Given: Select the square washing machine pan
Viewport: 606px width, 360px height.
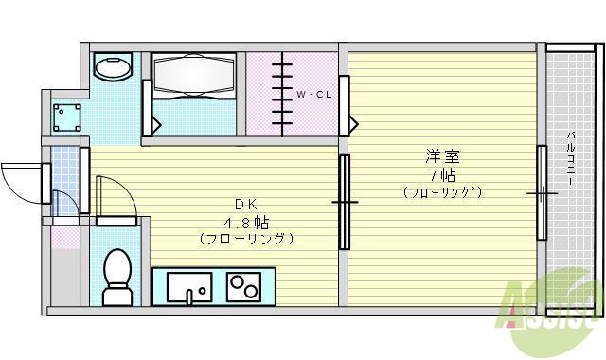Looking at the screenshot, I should [66, 116].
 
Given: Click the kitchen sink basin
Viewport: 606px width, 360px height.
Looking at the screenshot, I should [189, 286].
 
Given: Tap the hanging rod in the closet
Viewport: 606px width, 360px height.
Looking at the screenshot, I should [281, 93].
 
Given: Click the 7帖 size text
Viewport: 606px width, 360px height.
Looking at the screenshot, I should [441, 175].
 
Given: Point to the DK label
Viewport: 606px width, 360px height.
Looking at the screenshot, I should [245, 204].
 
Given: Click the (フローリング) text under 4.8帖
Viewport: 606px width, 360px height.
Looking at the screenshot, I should [245, 239].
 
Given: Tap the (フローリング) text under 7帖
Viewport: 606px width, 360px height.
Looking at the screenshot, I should [441, 193].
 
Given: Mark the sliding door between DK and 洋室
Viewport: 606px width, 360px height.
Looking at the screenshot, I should [344, 202].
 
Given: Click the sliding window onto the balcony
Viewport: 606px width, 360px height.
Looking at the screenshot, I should [543, 193].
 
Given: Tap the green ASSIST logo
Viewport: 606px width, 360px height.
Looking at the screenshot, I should [553, 308].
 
